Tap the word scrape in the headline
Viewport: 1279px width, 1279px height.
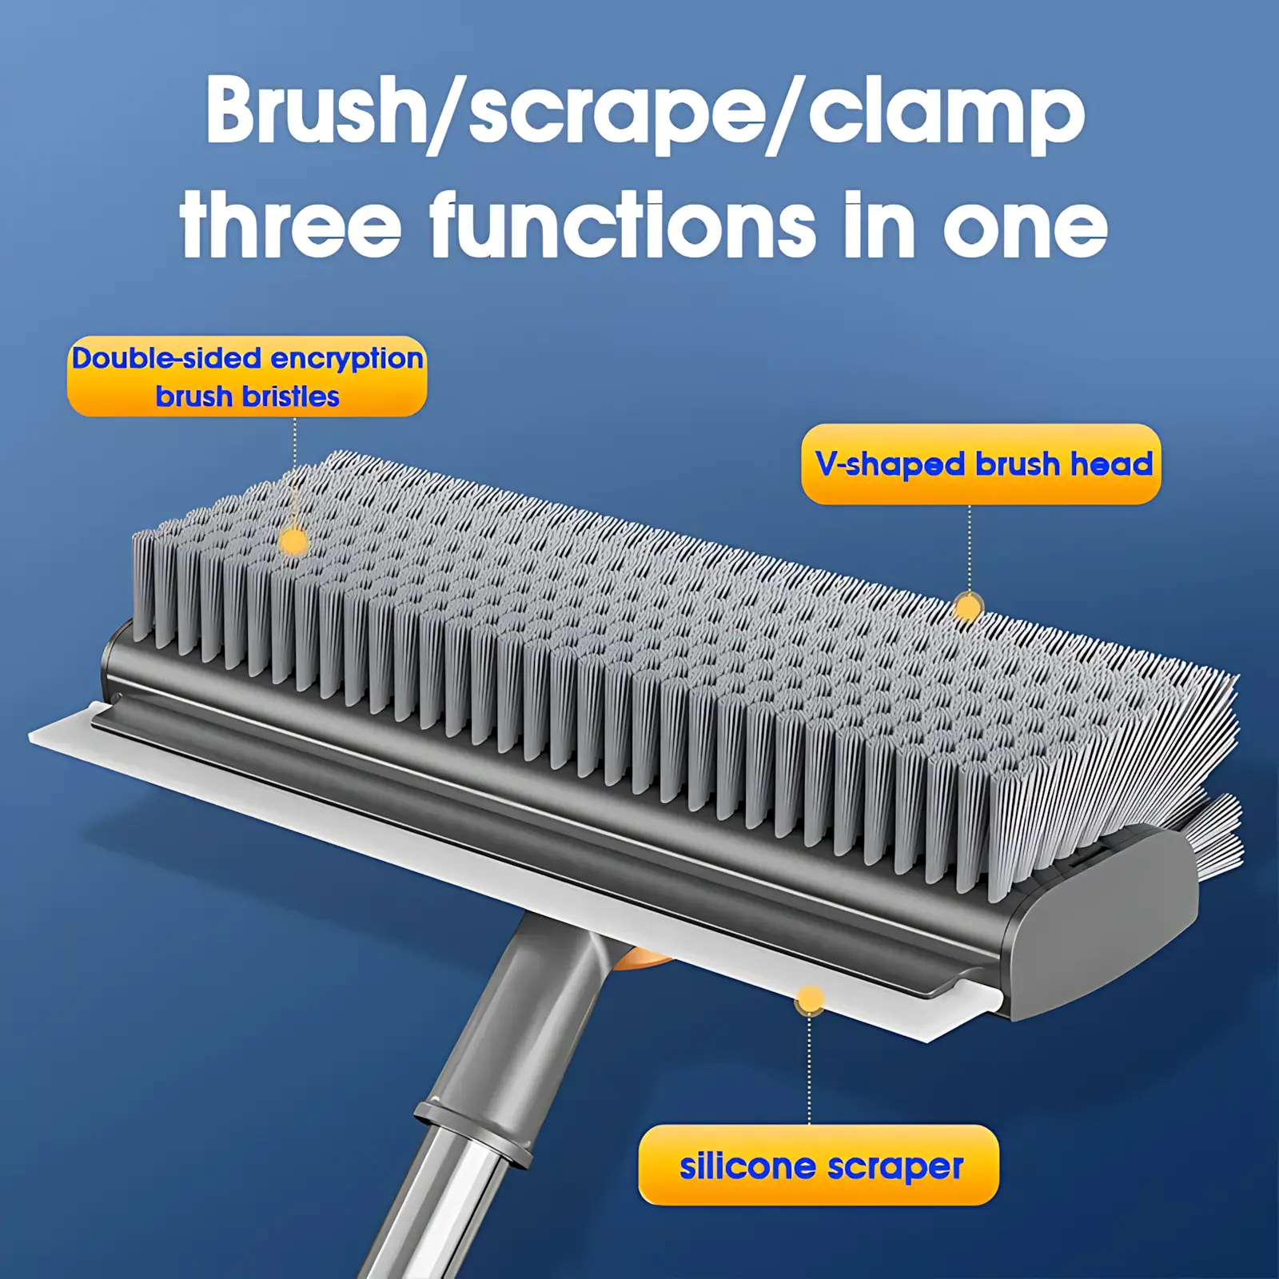point(616,118)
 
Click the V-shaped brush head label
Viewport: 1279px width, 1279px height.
point(981,464)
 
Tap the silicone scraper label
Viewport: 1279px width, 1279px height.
point(819,1165)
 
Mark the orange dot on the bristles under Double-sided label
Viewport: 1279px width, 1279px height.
point(295,542)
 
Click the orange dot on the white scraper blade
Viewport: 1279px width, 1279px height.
point(810,1000)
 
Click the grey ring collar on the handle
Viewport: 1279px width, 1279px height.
point(473,1133)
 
